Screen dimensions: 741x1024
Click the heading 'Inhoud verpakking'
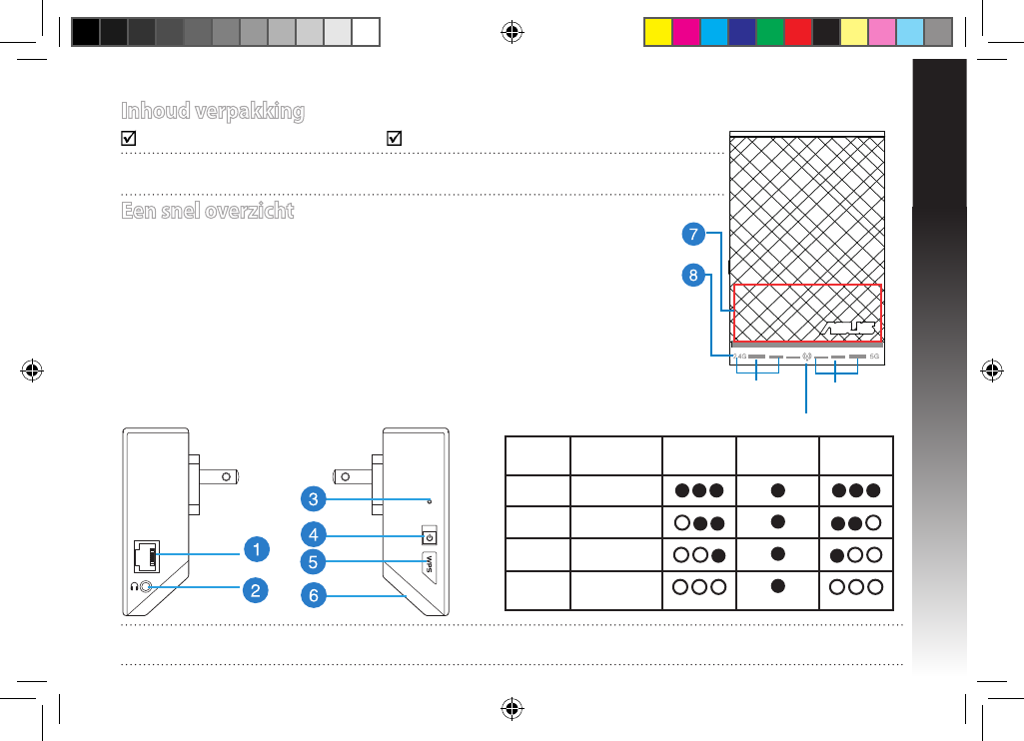click(x=213, y=111)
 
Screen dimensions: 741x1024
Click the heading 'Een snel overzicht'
click(x=207, y=212)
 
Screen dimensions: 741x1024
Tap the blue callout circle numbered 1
click(x=257, y=548)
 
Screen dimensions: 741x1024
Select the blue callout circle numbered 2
click(x=257, y=590)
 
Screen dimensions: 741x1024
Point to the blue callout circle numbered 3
click(x=313, y=496)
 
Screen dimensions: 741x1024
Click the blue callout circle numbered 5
click(x=313, y=561)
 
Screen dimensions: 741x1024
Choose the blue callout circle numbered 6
click(x=313, y=595)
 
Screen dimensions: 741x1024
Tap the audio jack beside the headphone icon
click(x=149, y=587)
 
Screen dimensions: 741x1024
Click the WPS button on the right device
click(x=431, y=562)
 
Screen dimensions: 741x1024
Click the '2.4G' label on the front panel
click(x=740, y=356)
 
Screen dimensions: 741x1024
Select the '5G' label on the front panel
click(x=874, y=356)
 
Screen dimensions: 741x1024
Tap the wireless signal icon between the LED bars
click(x=806, y=356)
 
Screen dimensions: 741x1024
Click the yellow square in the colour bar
click(x=656, y=32)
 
